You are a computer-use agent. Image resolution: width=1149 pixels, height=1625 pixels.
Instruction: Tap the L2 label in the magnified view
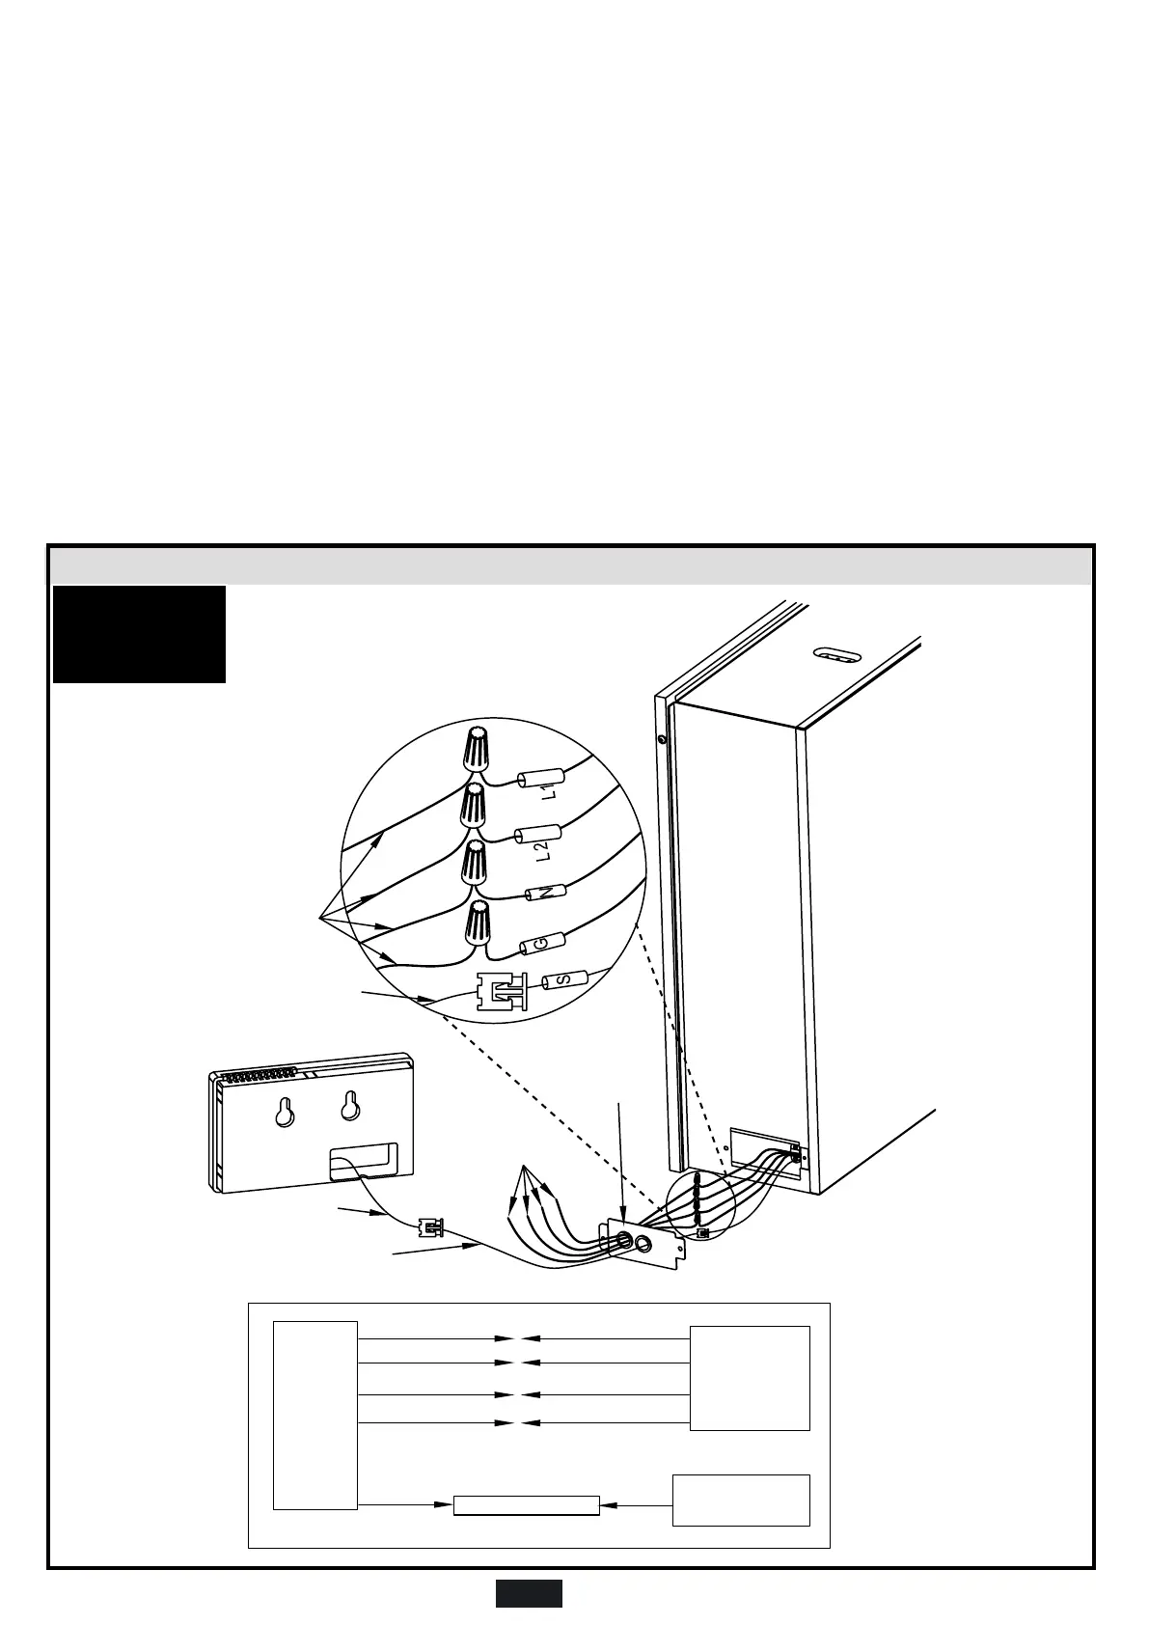click(x=542, y=850)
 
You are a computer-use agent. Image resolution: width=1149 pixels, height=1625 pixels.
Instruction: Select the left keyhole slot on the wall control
click(x=284, y=1113)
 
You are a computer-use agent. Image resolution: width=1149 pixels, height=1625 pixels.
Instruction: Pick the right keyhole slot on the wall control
click(x=349, y=1107)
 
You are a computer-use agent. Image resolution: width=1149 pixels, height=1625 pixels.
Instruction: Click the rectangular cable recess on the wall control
click(x=363, y=1161)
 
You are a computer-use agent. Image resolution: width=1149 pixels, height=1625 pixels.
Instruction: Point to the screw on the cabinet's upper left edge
click(x=660, y=740)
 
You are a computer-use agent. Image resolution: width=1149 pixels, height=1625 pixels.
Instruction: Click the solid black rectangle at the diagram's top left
click(x=139, y=634)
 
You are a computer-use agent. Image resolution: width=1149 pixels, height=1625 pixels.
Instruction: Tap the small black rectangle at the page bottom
click(x=529, y=1593)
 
